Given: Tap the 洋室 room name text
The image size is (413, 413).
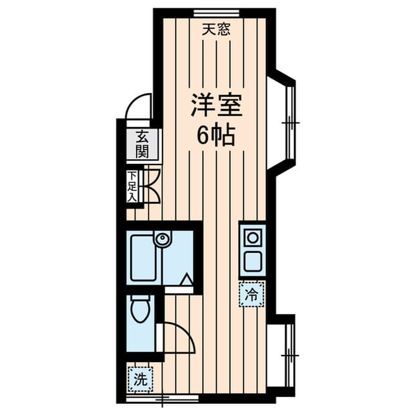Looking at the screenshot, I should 216,105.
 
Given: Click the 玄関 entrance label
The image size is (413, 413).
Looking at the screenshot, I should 142,145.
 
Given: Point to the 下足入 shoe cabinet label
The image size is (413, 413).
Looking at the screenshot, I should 132,186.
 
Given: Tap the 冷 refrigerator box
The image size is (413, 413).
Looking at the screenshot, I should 252,295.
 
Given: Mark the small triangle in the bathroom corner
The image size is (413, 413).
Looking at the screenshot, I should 186,279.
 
